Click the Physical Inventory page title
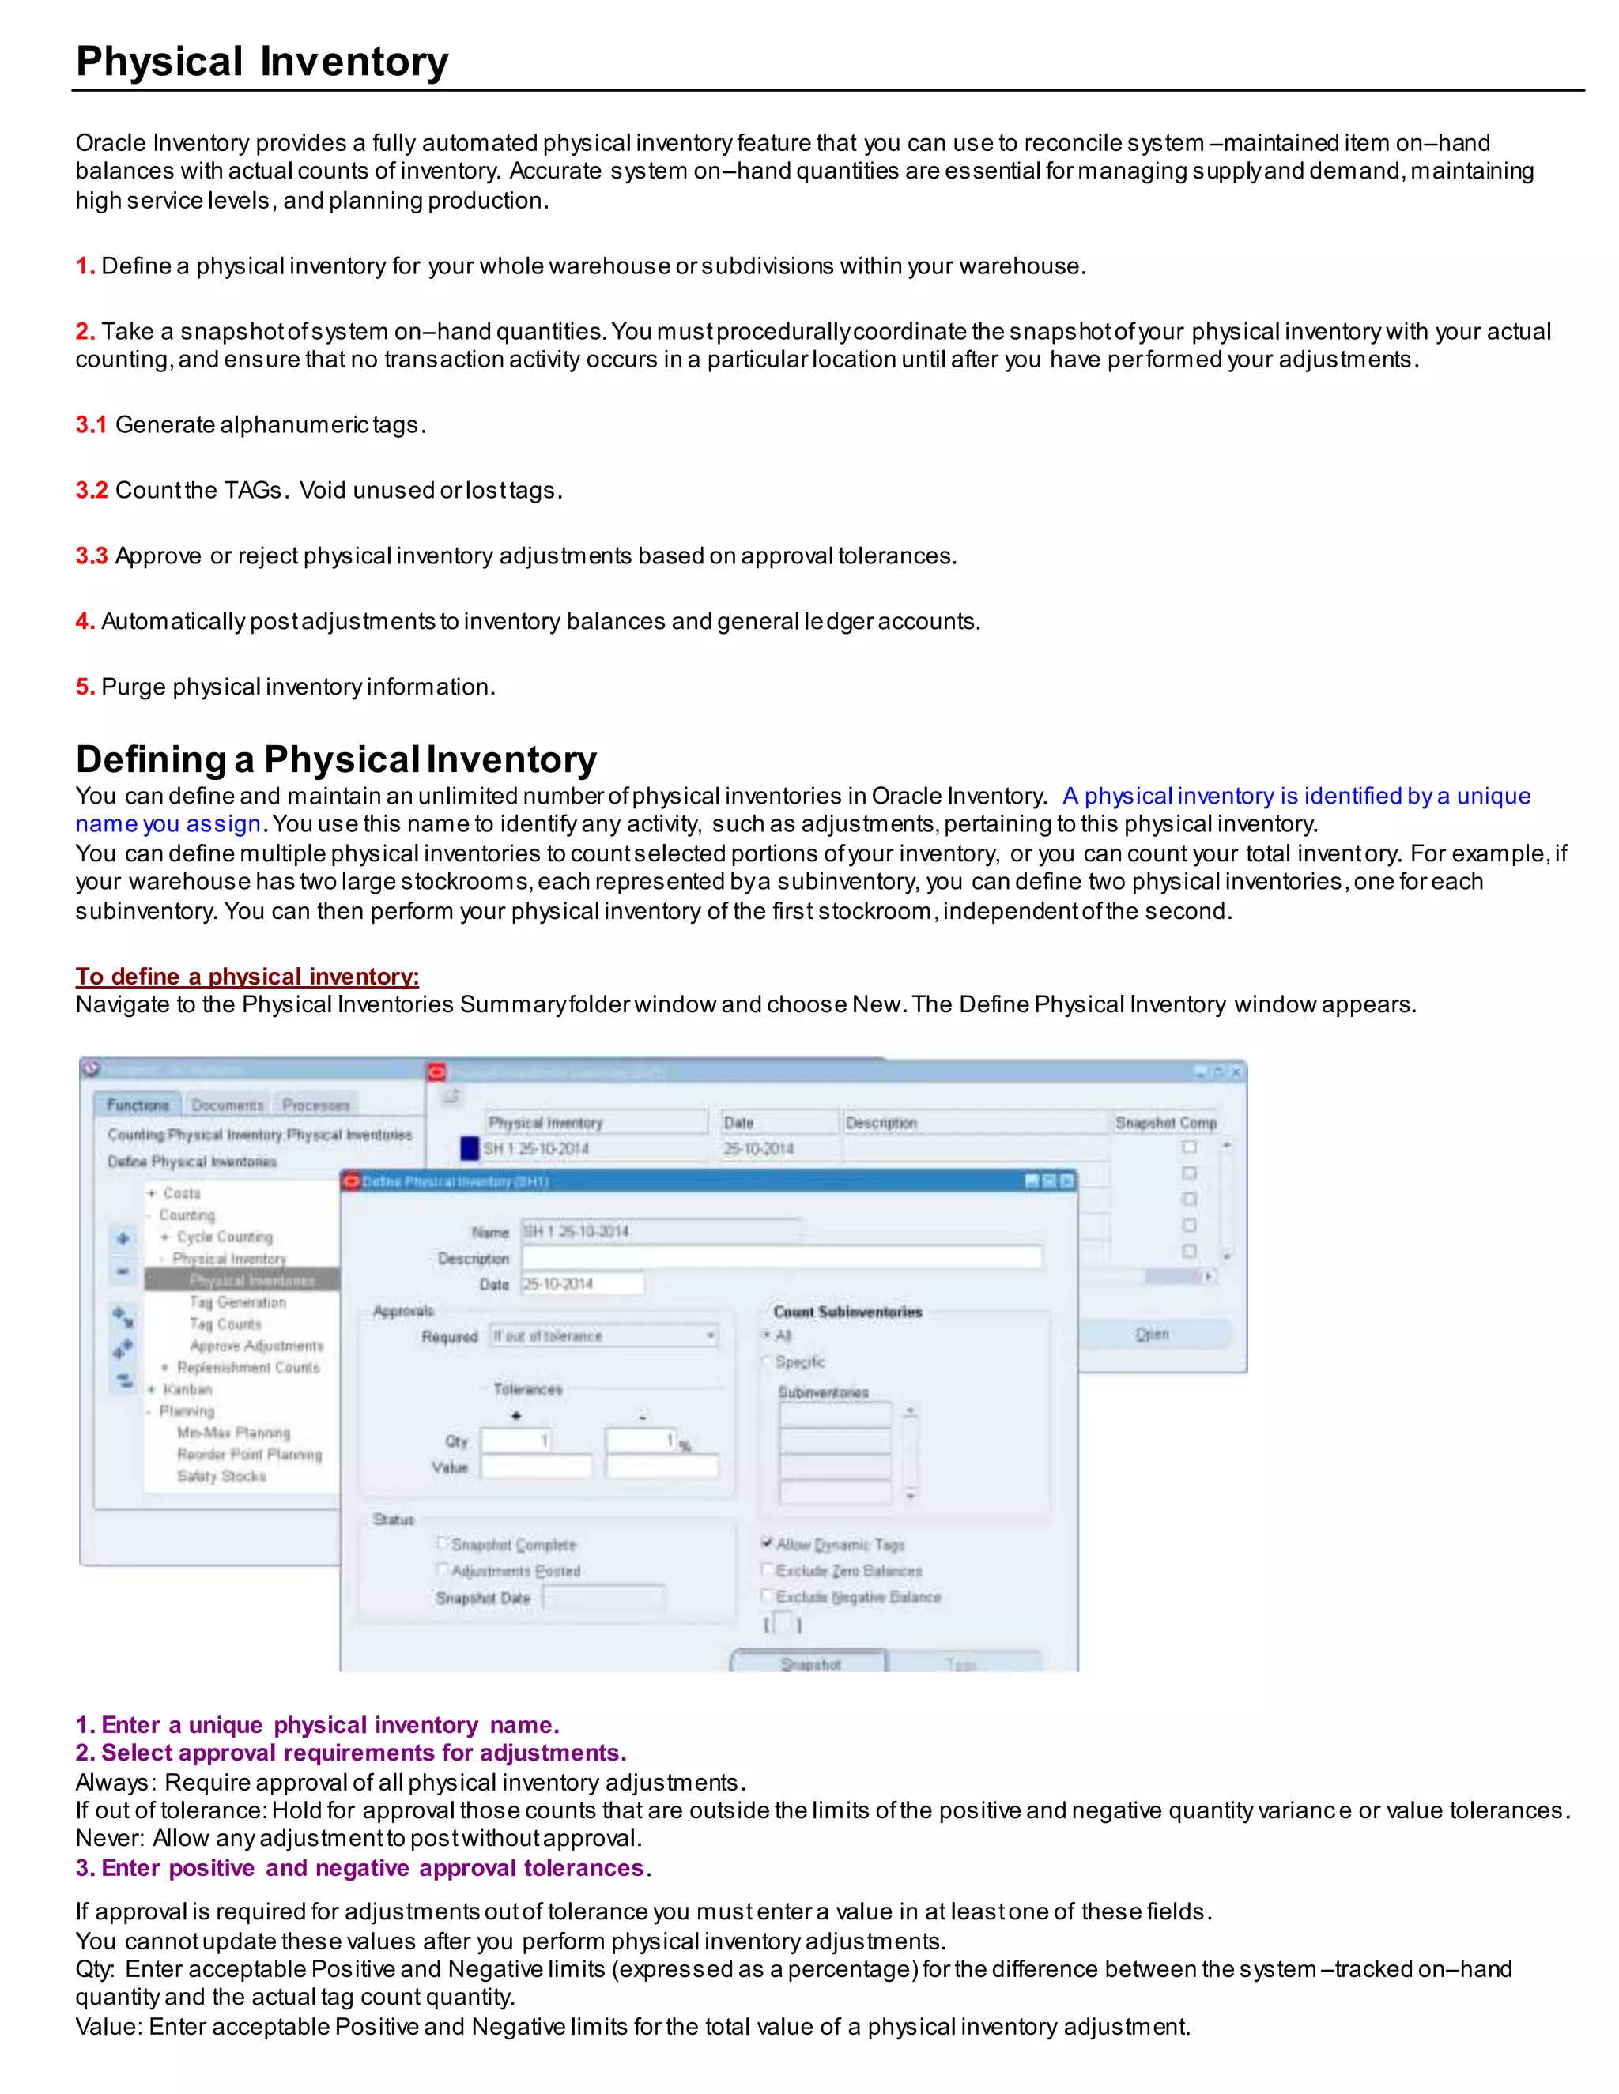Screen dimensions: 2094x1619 [262, 62]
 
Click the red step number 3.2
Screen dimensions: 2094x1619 [91, 490]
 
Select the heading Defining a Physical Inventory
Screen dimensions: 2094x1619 [336, 759]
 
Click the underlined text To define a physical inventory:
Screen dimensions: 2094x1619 [247, 976]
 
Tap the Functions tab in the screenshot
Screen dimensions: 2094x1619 [137, 1105]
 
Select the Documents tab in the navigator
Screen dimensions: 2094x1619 [228, 1105]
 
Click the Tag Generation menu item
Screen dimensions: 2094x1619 [237, 1302]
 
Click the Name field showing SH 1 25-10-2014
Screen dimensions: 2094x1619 [660, 1231]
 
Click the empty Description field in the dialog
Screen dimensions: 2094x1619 [781, 1257]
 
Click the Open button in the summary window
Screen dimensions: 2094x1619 [1152, 1334]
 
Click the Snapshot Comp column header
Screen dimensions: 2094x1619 [1165, 1122]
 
